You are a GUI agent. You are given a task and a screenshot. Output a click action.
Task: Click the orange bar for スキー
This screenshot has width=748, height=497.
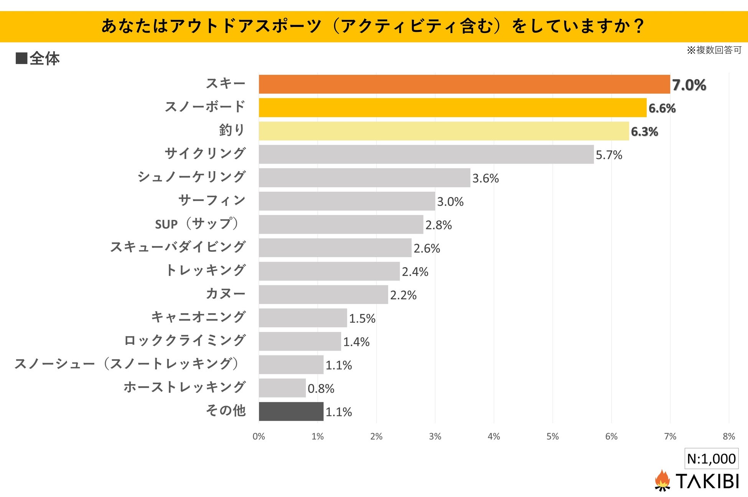464,84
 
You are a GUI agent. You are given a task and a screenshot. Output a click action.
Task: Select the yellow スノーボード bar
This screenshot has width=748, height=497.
453,107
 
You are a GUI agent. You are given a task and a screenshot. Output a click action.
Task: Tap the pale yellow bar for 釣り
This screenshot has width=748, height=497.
444,131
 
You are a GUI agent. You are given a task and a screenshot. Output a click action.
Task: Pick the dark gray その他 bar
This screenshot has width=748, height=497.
291,411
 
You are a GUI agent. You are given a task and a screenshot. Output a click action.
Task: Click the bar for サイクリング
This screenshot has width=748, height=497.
426,154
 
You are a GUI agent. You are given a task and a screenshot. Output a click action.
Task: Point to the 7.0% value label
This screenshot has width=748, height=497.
689,85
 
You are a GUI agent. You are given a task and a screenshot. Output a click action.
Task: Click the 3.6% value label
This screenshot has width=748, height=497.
485,178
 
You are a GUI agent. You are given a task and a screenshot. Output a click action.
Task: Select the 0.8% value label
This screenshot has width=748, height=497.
321,389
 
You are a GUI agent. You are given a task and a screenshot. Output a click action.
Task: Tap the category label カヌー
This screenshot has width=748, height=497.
226,294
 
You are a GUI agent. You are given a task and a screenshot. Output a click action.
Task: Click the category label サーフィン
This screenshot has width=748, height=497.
212,200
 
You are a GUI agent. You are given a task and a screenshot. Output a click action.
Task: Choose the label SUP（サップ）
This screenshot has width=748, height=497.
198,224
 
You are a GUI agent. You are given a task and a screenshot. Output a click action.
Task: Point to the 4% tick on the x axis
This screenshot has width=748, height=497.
494,436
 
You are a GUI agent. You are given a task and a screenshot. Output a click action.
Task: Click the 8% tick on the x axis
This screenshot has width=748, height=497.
728,436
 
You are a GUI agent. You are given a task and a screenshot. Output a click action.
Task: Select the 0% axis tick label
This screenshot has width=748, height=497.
259,436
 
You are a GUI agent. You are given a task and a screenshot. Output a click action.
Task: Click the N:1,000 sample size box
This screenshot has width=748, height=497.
711,459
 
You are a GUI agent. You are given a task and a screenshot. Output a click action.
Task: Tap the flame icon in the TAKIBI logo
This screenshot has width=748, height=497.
662,480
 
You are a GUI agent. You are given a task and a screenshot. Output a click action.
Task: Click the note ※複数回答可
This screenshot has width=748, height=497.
714,50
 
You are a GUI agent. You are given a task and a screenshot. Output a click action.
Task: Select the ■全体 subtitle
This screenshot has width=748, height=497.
38,59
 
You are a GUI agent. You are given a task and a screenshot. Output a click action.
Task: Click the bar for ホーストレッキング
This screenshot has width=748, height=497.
282,388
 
